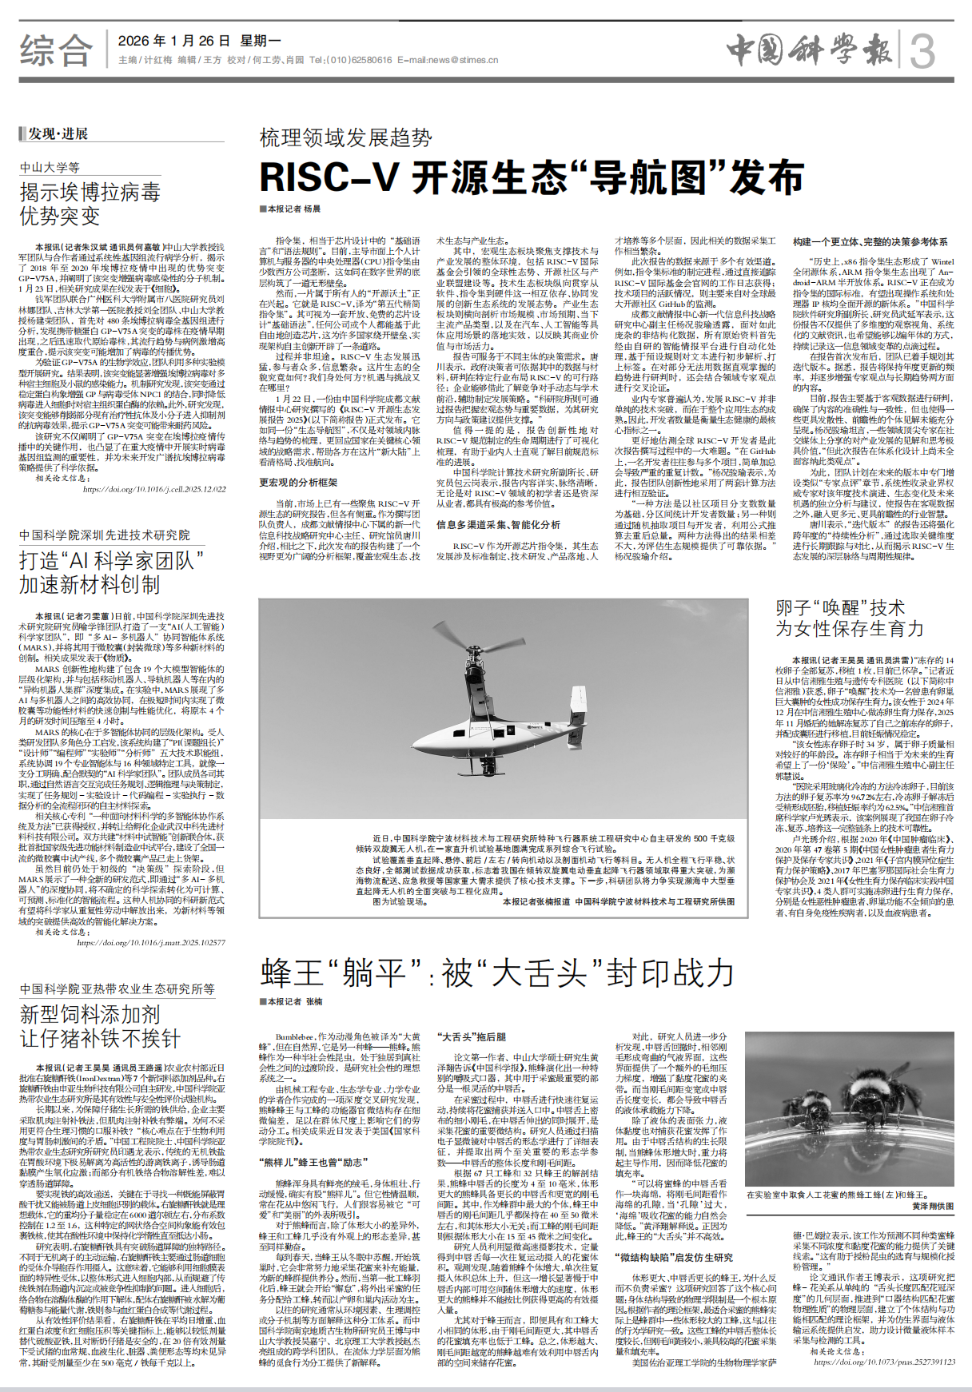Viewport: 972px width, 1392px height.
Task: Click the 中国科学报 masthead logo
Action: tap(809, 50)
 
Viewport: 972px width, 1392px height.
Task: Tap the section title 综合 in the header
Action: tap(56, 50)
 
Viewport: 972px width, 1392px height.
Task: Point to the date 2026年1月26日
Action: tap(173, 41)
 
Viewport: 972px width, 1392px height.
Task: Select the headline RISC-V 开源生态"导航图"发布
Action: tap(532, 177)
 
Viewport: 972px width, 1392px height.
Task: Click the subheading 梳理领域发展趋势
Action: tap(346, 137)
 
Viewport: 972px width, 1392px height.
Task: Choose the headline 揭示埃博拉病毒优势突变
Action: tap(90, 204)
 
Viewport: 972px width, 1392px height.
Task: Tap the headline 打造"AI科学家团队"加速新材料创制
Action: tap(111, 572)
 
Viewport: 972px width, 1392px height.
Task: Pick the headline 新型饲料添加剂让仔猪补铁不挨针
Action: tap(100, 1026)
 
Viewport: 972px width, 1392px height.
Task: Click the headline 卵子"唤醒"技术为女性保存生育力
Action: tap(849, 618)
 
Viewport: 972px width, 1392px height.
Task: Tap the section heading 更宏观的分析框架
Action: tap(298, 483)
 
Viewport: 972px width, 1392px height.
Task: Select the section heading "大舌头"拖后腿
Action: tap(471, 1036)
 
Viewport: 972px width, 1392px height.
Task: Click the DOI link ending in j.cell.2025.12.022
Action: tap(154, 489)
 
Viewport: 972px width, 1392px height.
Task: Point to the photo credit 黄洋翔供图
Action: tap(933, 1206)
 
